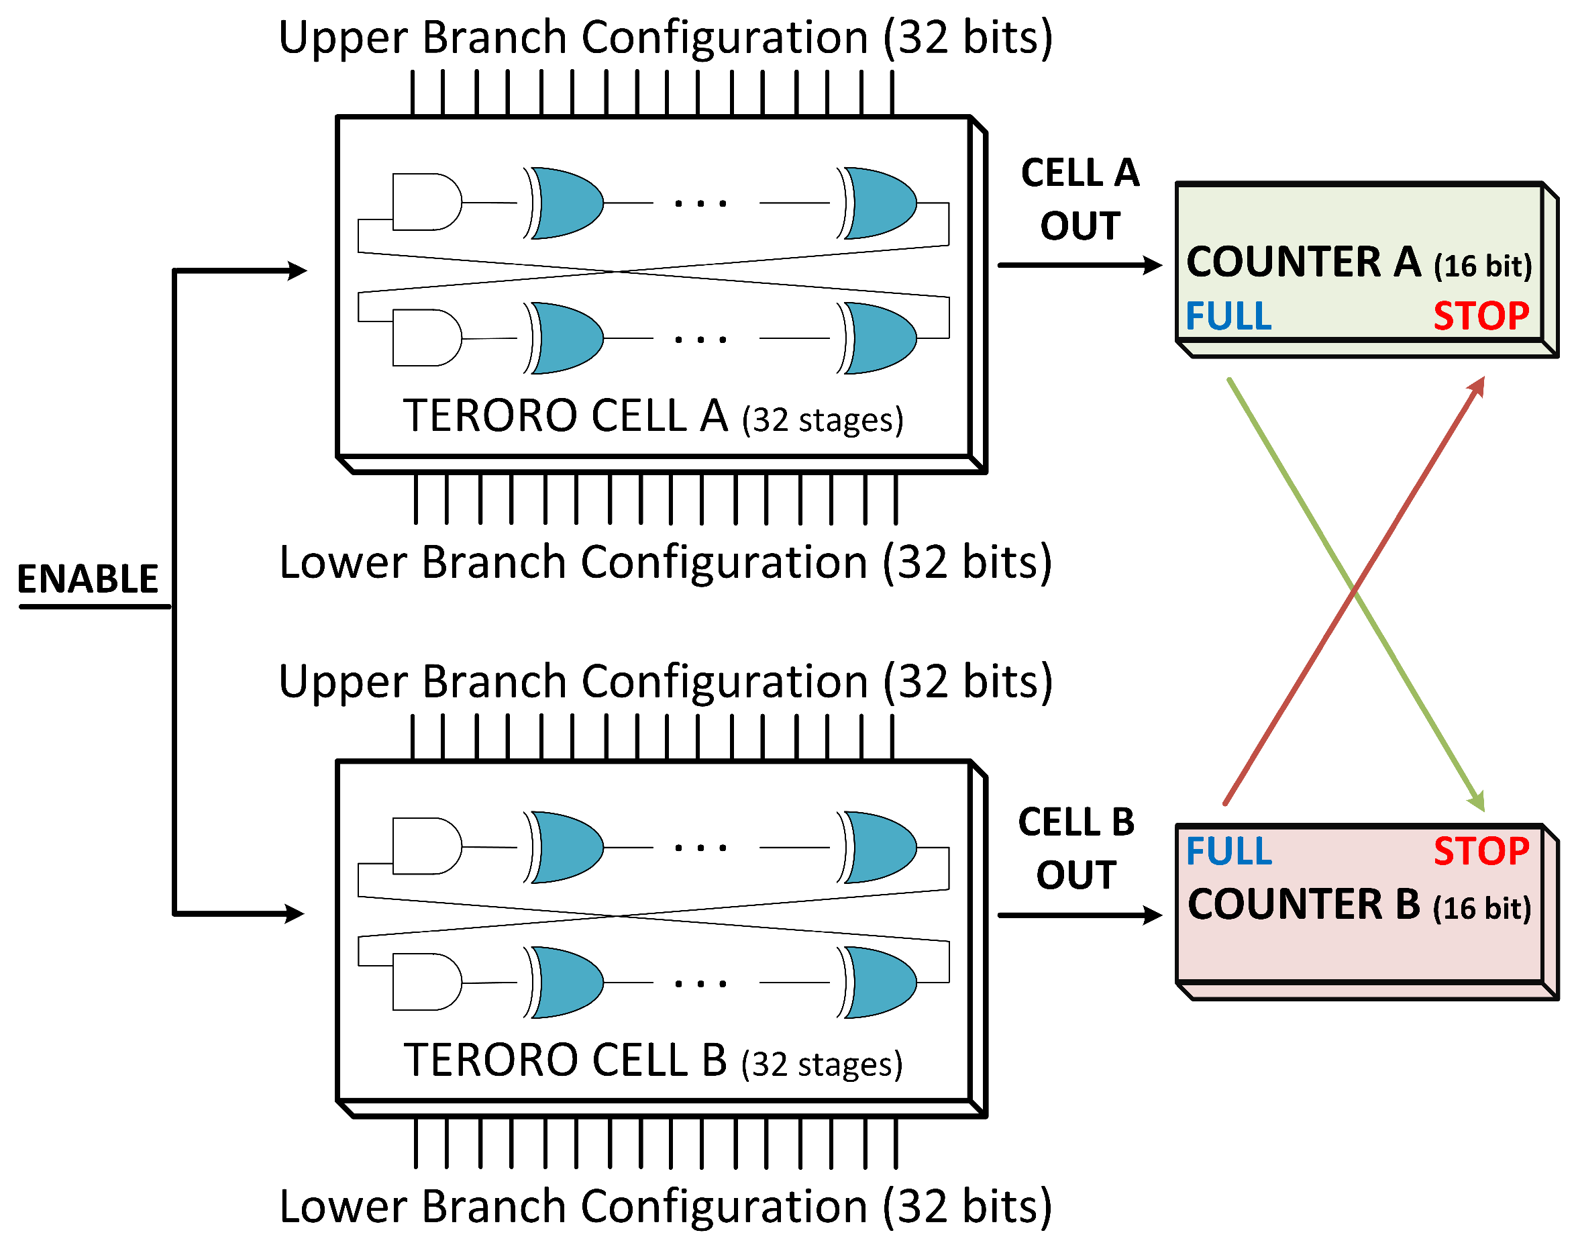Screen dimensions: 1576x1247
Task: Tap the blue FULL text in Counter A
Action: click(x=1228, y=316)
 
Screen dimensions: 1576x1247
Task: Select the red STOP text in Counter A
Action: click(x=1481, y=316)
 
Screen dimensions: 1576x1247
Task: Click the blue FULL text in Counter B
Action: click(x=1228, y=850)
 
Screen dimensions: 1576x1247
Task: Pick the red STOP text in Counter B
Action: click(x=1481, y=850)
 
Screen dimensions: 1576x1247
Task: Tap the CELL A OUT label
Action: click(x=1080, y=199)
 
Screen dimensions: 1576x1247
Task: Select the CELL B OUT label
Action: click(x=1077, y=848)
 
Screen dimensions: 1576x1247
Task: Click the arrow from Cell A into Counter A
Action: click(x=1080, y=265)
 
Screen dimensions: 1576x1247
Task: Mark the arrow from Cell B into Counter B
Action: click(x=1080, y=915)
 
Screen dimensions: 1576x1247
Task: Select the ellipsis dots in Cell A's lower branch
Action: click(x=700, y=340)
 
